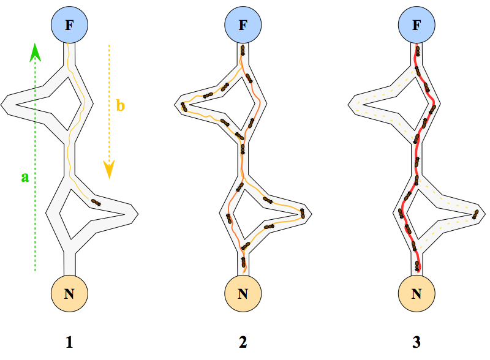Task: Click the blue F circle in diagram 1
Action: pyautogui.click(x=70, y=26)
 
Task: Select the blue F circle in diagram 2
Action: pyautogui.click(x=243, y=26)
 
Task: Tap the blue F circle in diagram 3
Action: pyautogui.click(x=417, y=26)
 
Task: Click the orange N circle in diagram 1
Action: pyautogui.click(x=70, y=293)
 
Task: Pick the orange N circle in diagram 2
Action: pyautogui.click(x=243, y=293)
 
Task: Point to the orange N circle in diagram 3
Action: pyautogui.click(x=417, y=293)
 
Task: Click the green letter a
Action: pyautogui.click(x=25, y=177)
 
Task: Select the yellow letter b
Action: pyautogui.click(x=121, y=106)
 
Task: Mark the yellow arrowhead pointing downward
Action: pyautogui.click(x=109, y=170)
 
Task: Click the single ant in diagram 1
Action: pyautogui.click(x=95, y=201)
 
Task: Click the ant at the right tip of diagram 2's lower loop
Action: pyautogui.click(x=303, y=212)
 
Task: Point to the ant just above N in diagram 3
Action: pyautogui.click(x=418, y=266)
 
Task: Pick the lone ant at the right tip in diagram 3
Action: pyautogui.click(x=475, y=214)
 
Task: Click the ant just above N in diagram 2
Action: pyautogui.click(x=244, y=263)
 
